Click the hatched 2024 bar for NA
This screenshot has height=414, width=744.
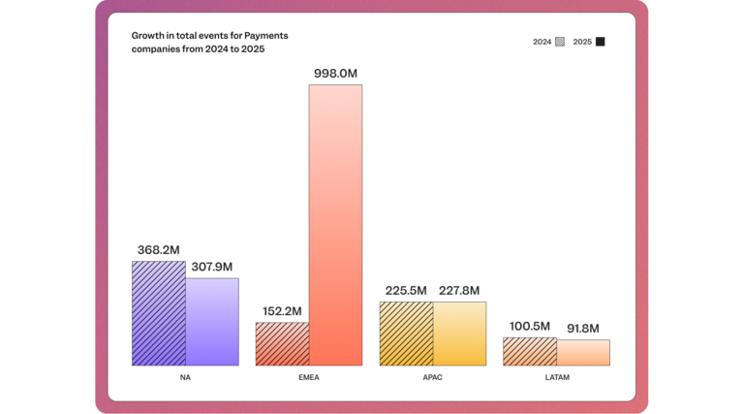coord(159,313)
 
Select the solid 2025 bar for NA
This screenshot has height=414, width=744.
coord(212,322)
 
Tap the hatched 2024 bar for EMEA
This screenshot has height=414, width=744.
coord(282,344)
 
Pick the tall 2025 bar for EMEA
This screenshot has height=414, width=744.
coord(335,225)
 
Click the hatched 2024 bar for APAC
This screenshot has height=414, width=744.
coord(406,334)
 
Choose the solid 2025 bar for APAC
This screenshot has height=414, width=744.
coord(459,334)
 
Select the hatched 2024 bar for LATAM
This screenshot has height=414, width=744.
coord(530,352)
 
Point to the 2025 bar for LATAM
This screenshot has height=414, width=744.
coord(583,353)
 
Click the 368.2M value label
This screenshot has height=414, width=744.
coord(158,249)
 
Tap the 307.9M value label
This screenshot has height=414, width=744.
coord(211,267)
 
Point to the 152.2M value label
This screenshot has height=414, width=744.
coord(282,311)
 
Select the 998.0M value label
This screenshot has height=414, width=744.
coord(335,73)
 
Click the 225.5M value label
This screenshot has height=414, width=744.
coord(406,290)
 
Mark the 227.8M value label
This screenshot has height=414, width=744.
coord(459,290)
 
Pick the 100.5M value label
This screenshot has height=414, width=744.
coord(530,326)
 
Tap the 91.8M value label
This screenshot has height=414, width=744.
coord(583,328)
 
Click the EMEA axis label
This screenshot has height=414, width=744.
coord(309,377)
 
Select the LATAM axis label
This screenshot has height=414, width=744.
coord(556,377)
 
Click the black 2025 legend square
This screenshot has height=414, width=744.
coord(601,42)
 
